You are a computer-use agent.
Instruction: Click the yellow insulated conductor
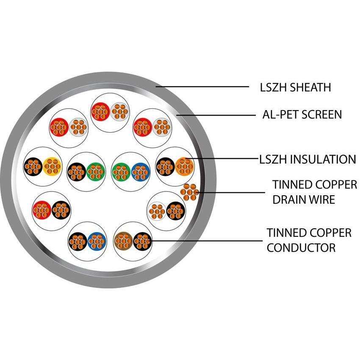[x=52, y=166]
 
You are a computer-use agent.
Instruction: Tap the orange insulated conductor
[x=184, y=166]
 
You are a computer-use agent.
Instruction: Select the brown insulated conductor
[x=123, y=241]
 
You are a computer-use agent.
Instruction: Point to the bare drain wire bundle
[x=189, y=192]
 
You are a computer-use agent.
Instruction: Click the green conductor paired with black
[x=96, y=171]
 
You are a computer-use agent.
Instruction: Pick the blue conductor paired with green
[x=140, y=171]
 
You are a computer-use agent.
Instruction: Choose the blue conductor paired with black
[x=97, y=241]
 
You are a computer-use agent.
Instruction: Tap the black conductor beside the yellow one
[x=33, y=166]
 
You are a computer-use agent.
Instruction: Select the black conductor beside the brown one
[x=142, y=241]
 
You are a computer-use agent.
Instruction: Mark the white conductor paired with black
[x=157, y=210]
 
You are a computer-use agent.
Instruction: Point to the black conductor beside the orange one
[x=165, y=166]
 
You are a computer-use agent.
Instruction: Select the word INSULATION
[x=325, y=159]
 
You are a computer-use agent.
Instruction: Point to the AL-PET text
[x=278, y=114]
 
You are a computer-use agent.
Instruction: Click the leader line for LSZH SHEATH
[x=203, y=87]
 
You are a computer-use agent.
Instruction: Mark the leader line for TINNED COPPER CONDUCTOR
[x=208, y=241]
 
